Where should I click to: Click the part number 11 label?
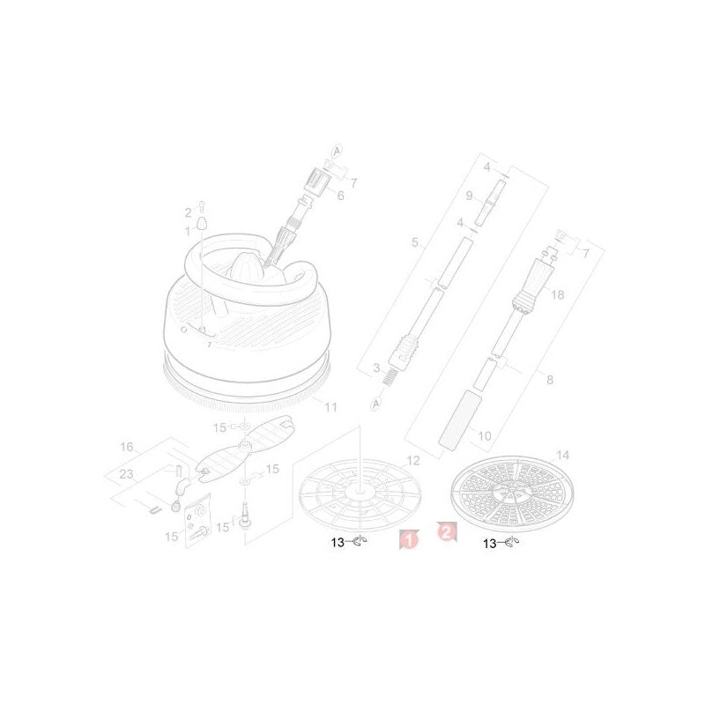pyautogui.click(x=331, y=407)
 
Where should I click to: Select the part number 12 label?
pyautogui.click(x=413, y=460)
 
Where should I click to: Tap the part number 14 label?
pyautogui.click(x=562, y=455)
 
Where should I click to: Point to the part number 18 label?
pyautogui.click(x=558, y=294)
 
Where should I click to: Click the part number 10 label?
pyautogui.click(x=485, y=435)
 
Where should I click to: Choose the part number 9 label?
pyautogui.click(x=470, y=196)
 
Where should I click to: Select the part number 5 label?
pyautogui.click(x=414, y=242)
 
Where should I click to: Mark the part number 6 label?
pyautogui.click(x=340, y=196)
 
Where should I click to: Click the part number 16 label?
pyautogui.click(x=127, y=447)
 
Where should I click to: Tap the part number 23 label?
pyautogui.click(x=126, y=474)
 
